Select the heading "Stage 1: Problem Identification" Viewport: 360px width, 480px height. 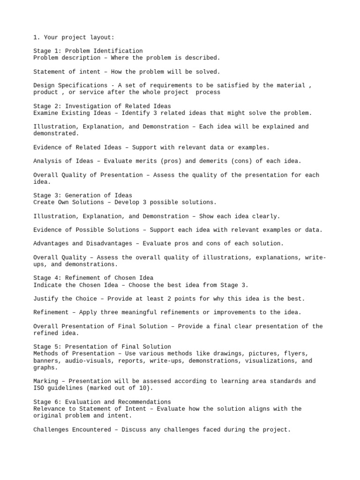pos(88,51)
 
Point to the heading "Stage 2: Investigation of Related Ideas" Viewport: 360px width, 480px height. pos(102,106)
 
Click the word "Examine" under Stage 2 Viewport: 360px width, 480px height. pos(45,113)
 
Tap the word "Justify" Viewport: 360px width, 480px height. pos(45,299)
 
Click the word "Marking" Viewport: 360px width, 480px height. pos(45,382)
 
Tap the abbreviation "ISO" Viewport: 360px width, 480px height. pos(38,388)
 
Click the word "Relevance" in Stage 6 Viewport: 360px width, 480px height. pos(49,409)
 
